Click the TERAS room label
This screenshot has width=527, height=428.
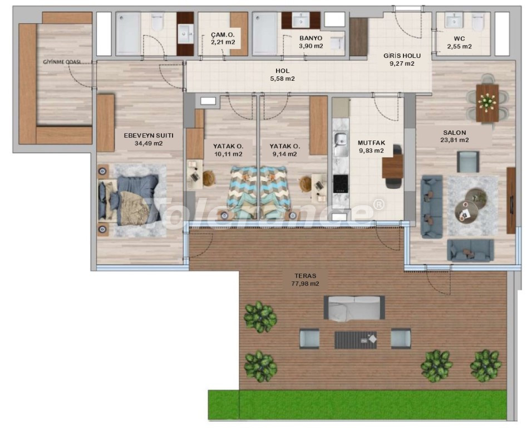click(305, 275)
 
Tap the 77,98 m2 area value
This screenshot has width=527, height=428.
click(305, 284)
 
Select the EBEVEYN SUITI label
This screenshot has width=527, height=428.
click(149, 135)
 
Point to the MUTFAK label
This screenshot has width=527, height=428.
click(371, 143)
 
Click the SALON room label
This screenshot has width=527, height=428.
click(455, 133)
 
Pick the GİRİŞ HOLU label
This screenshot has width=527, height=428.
click(402, 56)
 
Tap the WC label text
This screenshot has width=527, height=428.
click(459, 38)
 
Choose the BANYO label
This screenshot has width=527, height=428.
click(311, 38)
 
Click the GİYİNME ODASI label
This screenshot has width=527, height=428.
click(62, 62)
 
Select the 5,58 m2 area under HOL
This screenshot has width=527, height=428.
click(282, 79)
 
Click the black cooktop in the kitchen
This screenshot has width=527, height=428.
click(341, 184)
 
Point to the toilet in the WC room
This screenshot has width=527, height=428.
click(477, 22)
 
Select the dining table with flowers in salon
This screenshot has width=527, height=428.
click(487, 103)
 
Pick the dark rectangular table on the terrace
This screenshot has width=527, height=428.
click(356, 340)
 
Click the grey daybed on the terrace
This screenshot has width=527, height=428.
click(354, 308)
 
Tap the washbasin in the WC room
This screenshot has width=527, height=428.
click(454, 20)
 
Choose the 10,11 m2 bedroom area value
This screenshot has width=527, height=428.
click(228, 154)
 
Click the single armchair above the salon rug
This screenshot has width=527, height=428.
click(468, 162)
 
